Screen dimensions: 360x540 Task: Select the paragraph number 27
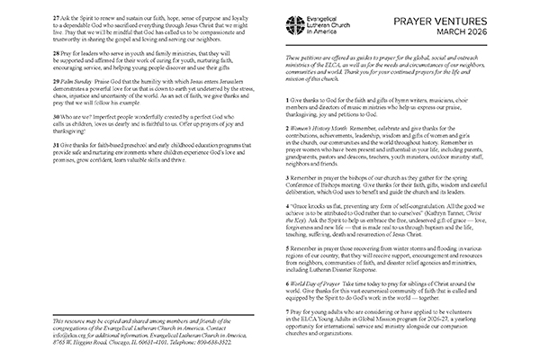(x=31, y=19)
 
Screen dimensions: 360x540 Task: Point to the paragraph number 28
(x=31, y=54)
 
